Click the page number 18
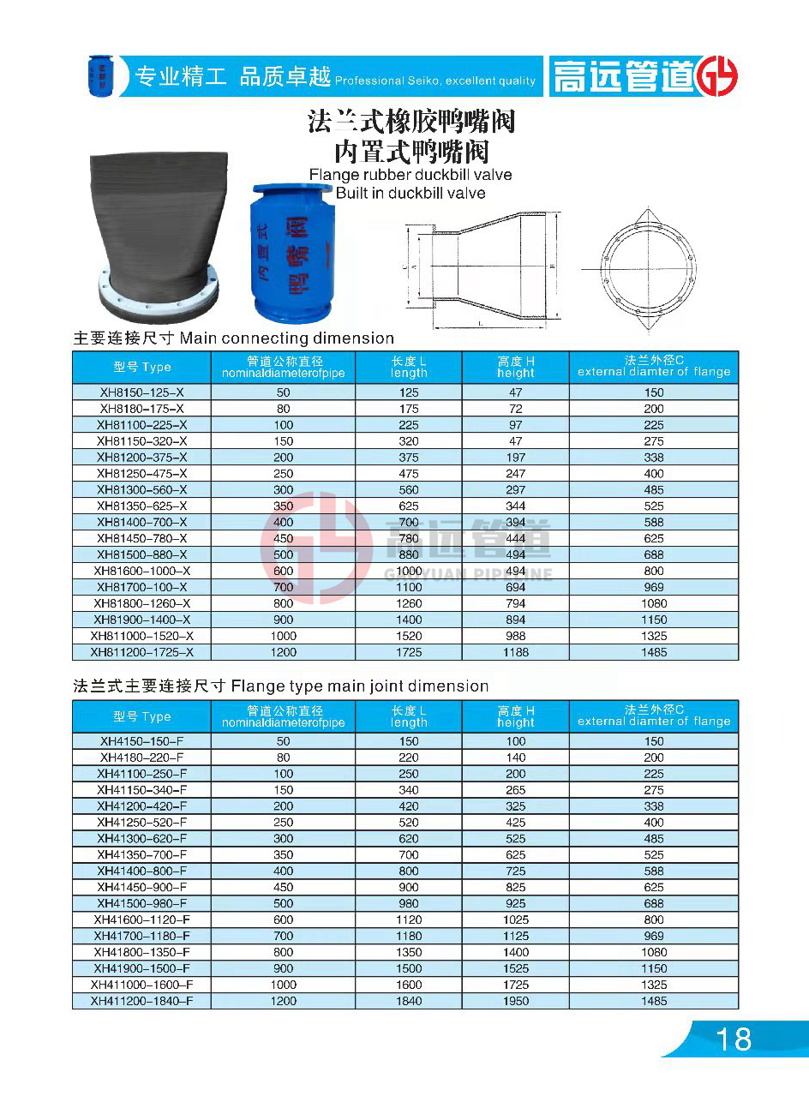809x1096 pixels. (x=733, y=1039)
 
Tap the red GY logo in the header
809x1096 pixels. (x=716, y=77)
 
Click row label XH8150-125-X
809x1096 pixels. (x=141, y=392)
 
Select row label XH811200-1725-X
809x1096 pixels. (x=141, y=652)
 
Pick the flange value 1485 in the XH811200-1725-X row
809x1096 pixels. (x=654, y=652)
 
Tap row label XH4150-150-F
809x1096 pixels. (x=141, y=741)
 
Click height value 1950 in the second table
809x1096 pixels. (x=516, y=1001)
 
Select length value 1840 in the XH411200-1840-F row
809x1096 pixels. (x=409, y=1001)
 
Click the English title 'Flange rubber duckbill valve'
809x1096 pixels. (x=410, y=175)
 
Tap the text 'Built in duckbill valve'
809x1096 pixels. (x=410, y=193)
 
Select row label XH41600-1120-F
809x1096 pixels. (x=141, y=919)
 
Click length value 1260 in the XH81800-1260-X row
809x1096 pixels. (x=409, y=603)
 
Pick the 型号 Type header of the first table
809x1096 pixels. (x=141, y=367)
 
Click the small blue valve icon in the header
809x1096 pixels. (x=101, y=75)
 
